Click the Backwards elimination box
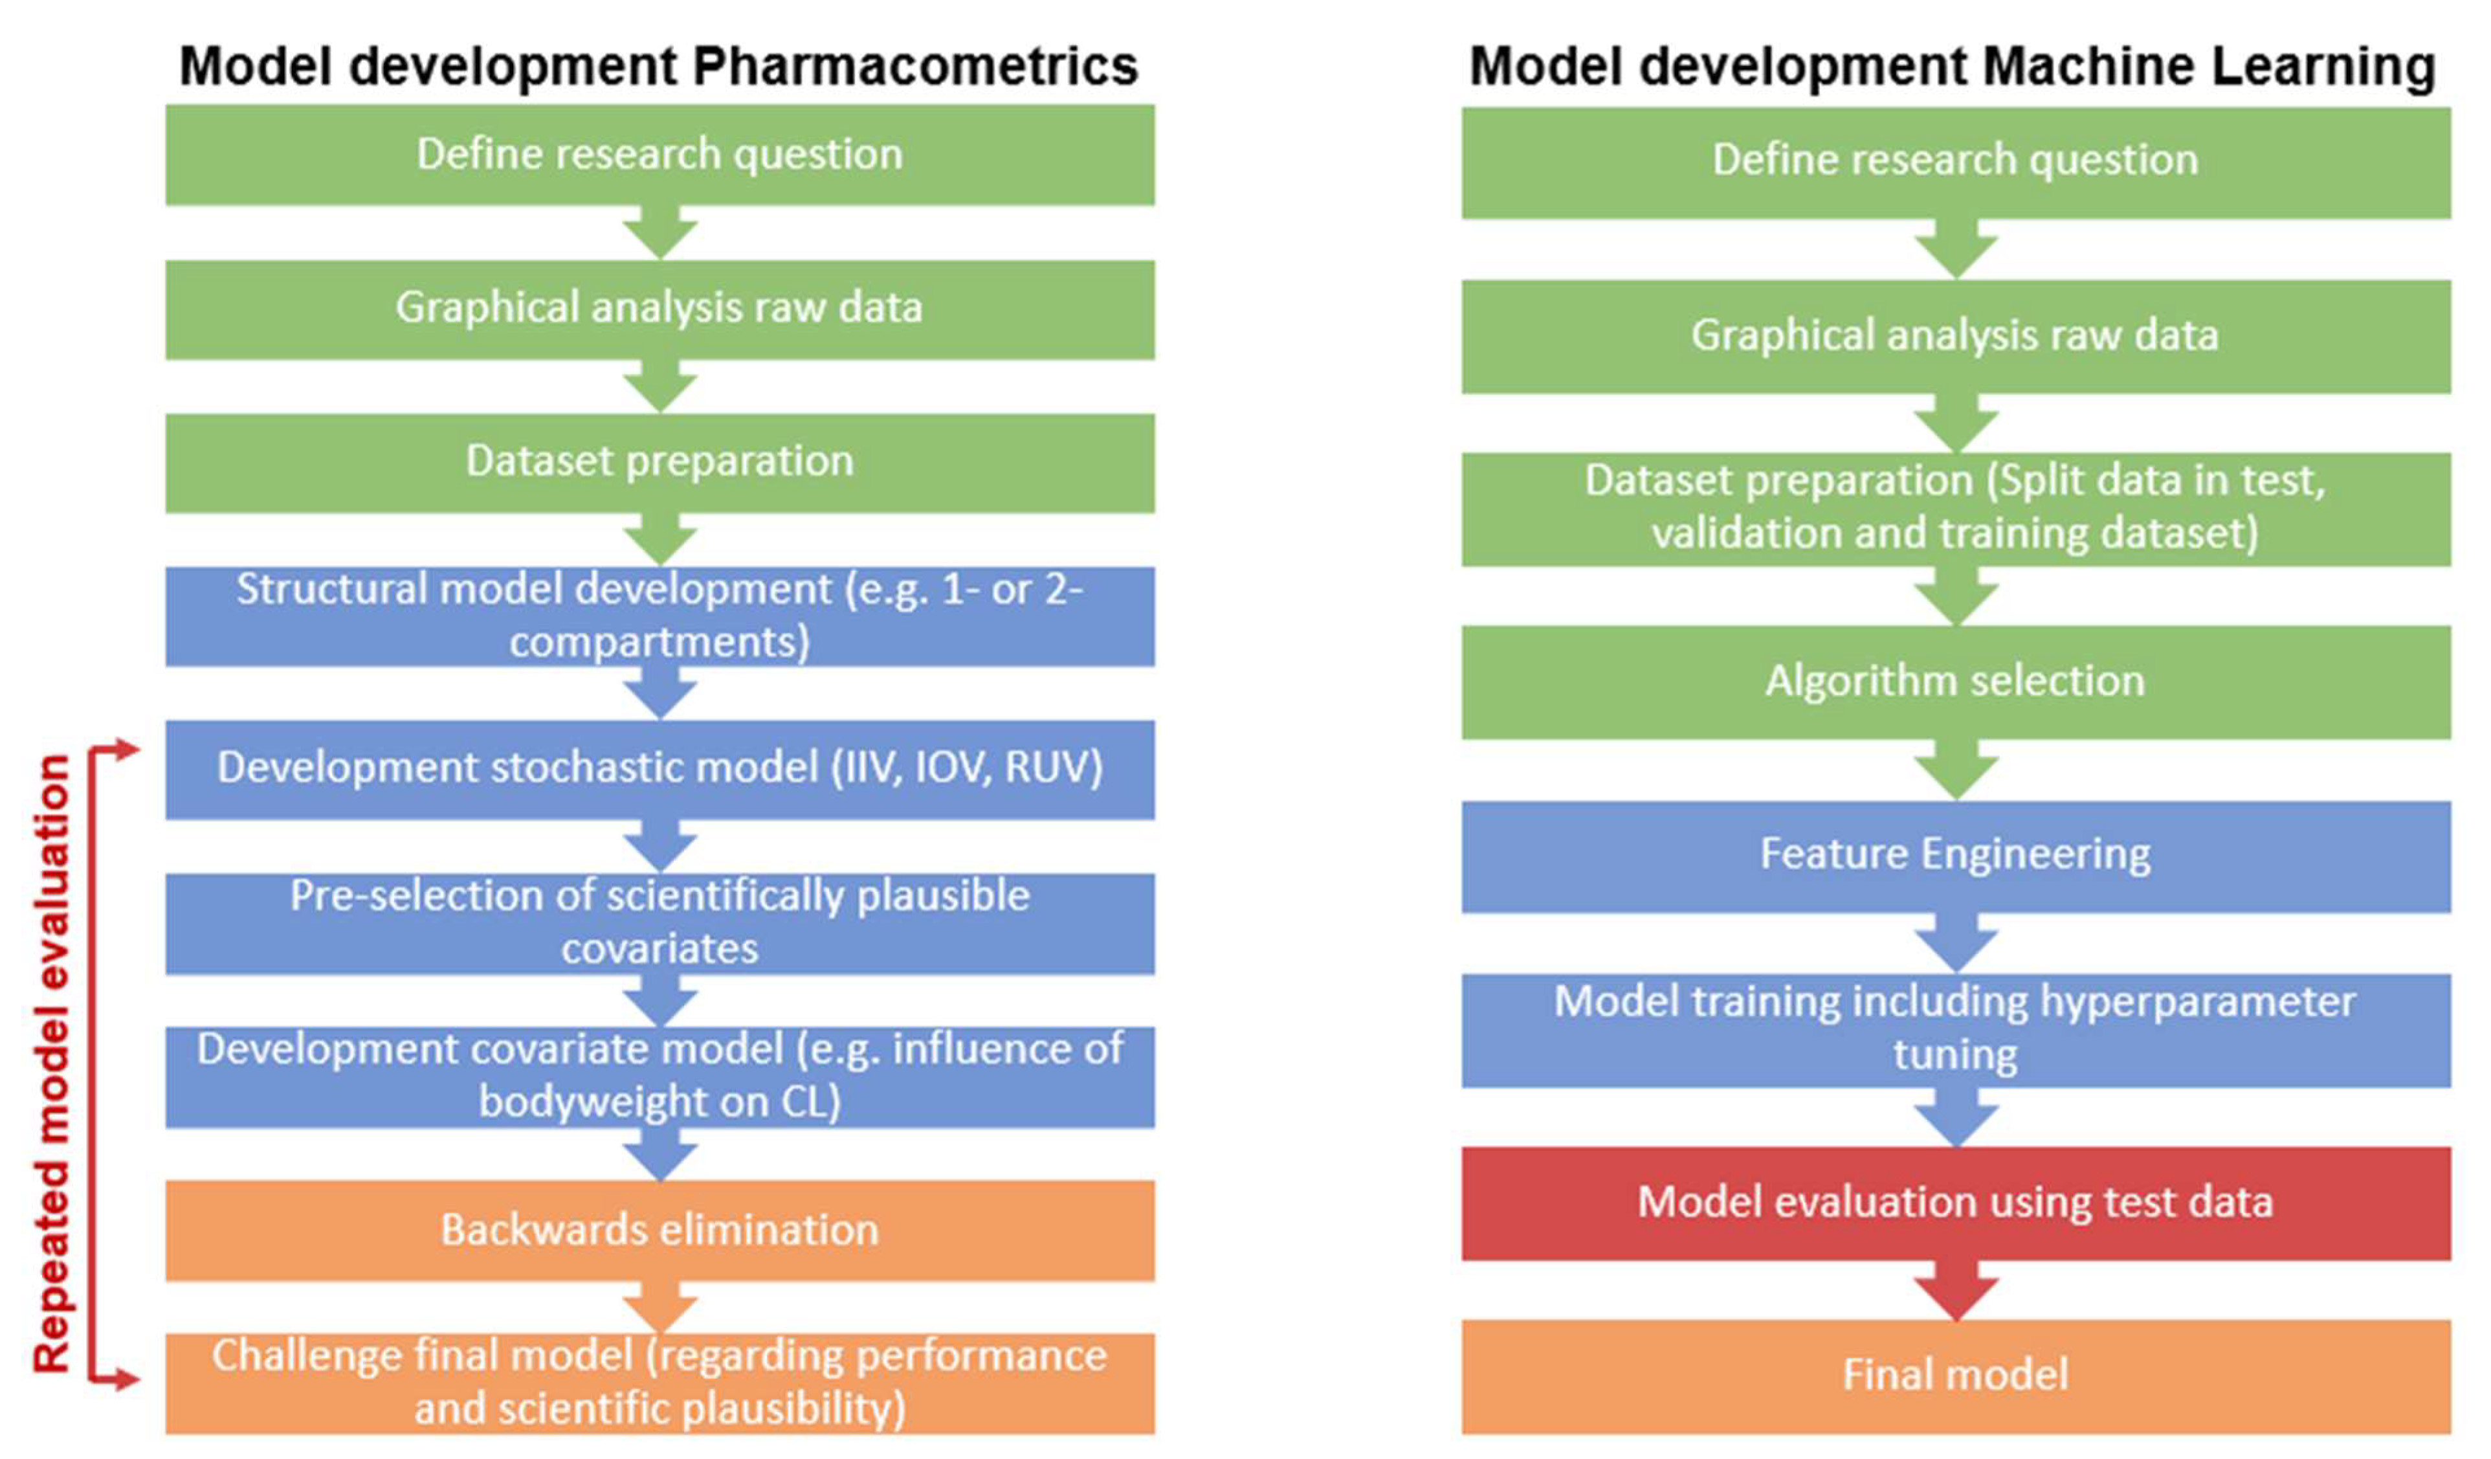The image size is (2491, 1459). click(x=659, y=1230)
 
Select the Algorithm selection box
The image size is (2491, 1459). click(x=1955, y=681)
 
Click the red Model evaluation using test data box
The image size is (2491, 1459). click(x=1955, y=1203)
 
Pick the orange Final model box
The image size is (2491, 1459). click(x=1955, y=1375)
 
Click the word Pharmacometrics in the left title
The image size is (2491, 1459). click(x=914, y=67)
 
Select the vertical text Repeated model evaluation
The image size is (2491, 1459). click(x=51, y=1064)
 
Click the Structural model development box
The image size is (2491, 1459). click(x=659, y=616)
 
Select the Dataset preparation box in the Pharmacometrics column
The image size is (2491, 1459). click(x=659, y=462)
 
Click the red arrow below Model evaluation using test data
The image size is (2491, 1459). click(x=1955, y=1290)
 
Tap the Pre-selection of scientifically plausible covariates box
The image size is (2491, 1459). click(x=659, y=922)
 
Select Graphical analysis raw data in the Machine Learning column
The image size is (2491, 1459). click(x=1955, y=336)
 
